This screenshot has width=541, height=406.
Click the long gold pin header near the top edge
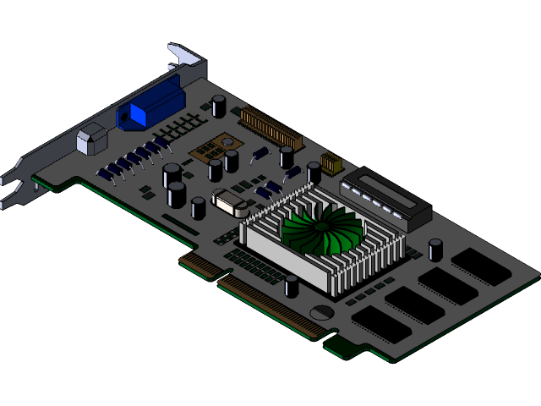tap(271, 125)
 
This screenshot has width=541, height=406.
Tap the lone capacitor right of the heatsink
tap(435, 250)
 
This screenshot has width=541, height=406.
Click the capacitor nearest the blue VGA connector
tap(219, 106)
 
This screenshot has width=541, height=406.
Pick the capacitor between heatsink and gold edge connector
tap(292, 286)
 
